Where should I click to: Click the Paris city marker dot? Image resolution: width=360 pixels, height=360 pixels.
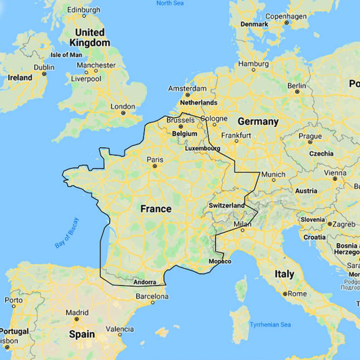[x=155, y=166]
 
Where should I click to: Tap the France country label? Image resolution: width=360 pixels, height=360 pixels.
[x=156, y=209]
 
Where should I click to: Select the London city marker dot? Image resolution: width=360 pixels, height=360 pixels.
[x=123, y=113]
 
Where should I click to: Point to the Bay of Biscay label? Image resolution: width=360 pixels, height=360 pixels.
[x=67, y=233]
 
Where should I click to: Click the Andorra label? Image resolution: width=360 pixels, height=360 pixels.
[x=145, y=282]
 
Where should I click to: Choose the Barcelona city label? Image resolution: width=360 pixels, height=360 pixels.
[x=152, y=297]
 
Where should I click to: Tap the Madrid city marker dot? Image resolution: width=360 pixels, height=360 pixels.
[x=77, y=319]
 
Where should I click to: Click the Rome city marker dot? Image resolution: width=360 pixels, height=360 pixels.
[x=285, y=294]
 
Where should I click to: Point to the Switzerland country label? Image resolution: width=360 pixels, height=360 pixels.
[x=226, y=206]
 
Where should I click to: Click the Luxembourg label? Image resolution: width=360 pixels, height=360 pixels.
[x=202, y=148]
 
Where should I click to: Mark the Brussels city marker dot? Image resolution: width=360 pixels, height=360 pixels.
[x=181, y=126]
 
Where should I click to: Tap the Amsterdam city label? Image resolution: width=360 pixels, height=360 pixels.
[x=187, y=89]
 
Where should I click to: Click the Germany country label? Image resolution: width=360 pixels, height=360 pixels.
[x=258, y=122]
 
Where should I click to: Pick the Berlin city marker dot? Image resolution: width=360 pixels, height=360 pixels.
[x=297, y=92]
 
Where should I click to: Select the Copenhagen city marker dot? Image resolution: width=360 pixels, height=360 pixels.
[x=287, y=22]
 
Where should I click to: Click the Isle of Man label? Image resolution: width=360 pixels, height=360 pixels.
[x=66, y=55]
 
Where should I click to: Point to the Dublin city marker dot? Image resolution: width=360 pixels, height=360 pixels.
[x=44, y=73]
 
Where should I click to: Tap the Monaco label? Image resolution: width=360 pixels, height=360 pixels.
[x=220, y=261]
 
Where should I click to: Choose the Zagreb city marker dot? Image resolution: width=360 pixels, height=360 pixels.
[x=330, y=224]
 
